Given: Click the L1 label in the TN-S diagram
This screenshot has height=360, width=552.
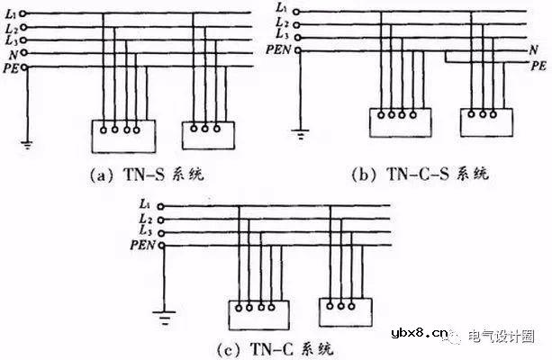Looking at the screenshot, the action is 11,14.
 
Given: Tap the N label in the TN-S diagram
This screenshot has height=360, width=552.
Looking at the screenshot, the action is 13,55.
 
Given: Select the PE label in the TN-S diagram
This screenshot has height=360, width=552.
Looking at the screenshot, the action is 11,67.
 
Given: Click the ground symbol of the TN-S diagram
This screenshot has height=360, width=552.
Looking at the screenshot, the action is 27,144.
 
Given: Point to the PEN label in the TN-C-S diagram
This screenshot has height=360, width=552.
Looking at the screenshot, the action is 278,50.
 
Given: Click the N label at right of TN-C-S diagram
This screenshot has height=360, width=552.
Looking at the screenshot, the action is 534,50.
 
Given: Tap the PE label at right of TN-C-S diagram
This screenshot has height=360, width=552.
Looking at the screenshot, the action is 538,66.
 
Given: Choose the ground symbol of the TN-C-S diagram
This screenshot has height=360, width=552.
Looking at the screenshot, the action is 300,134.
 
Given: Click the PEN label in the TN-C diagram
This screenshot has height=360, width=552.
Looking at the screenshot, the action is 142,245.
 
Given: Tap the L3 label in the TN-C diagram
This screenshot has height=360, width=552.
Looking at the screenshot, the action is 145,230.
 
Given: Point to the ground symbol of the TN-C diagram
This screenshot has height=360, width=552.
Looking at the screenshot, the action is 165,317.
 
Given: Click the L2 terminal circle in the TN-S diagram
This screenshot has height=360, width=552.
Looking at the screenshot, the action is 23,27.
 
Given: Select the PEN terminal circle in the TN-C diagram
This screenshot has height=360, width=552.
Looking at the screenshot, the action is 161,246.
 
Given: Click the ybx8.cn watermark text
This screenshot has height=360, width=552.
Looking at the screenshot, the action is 419,333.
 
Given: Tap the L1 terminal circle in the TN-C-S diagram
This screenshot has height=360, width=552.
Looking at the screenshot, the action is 296,12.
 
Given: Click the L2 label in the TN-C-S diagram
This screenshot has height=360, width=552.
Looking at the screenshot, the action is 283,22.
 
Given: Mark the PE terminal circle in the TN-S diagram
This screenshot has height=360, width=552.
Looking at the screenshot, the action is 24,67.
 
